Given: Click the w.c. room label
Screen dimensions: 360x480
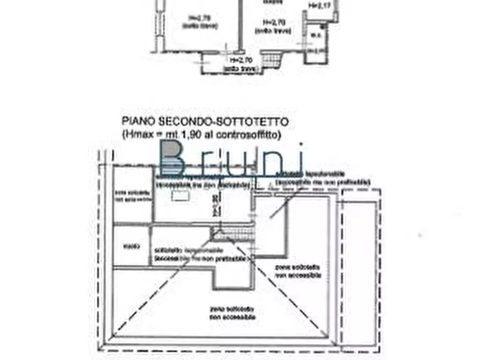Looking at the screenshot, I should tap(317, 36).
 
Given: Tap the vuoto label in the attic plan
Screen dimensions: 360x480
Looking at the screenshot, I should tap(131, 247).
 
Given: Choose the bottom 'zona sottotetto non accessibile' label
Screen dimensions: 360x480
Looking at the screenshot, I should tap(232, 314).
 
